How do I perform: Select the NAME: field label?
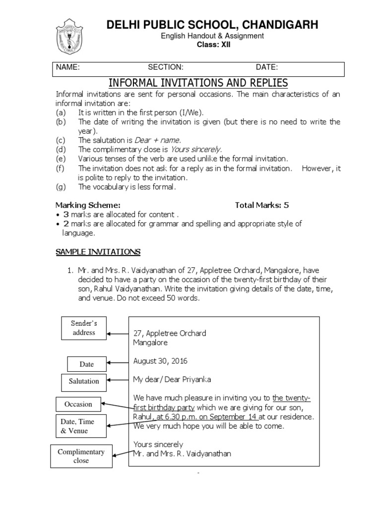[67, 67]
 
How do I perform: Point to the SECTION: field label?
[166, 67]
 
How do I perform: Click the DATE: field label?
[266, 67]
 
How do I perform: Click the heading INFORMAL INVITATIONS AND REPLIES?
[197, 82]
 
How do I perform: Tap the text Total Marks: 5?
[261, 204]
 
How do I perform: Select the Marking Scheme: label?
[87, 204]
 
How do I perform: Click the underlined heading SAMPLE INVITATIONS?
[98, 252]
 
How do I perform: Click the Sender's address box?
[84, 328]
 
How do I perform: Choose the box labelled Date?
[86, 364]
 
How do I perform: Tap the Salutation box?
[84, 381]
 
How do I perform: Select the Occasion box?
[78, 404]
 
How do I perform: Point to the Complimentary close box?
[81, 456]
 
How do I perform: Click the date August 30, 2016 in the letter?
[160, 361]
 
